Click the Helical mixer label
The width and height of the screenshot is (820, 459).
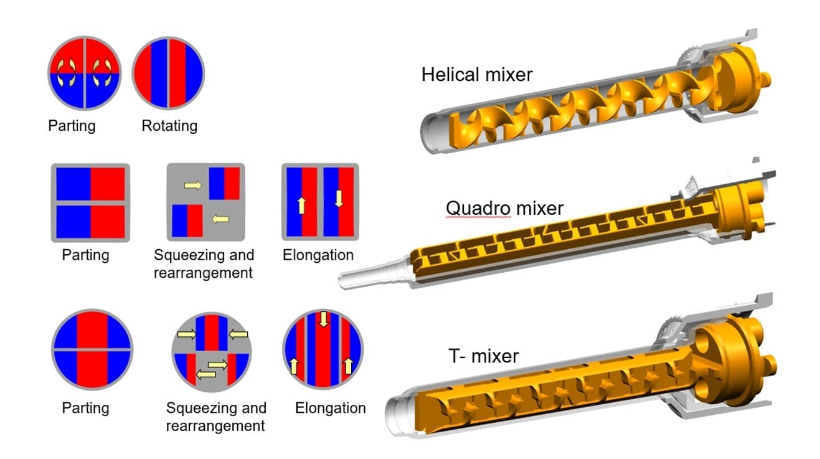coord(477,75)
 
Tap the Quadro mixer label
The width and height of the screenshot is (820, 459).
coord(504,207)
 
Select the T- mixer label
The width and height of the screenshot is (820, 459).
coord(483,356)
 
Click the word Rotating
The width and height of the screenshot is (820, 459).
coord(169,126)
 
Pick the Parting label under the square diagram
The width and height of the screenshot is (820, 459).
coord(86,255)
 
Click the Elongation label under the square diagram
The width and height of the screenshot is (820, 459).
coord(318,255)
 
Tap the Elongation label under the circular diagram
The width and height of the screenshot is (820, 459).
coord(330,408)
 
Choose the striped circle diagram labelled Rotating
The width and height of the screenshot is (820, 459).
coord(168,72)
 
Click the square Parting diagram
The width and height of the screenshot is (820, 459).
coord(90,202)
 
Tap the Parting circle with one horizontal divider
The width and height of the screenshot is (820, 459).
coord(92,350)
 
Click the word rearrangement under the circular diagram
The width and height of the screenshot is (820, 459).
coord(215,426)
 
